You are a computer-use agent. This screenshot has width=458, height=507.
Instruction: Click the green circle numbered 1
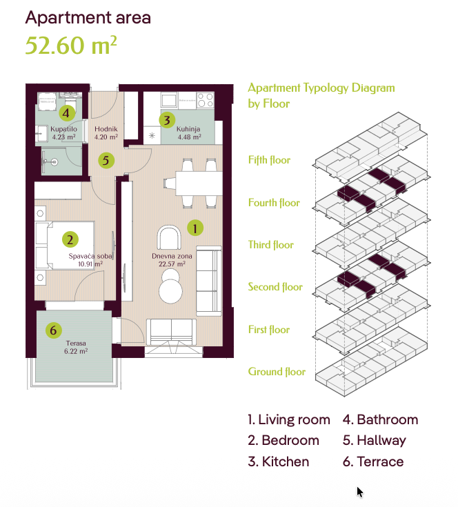pyautogui.click(x=195, y=228)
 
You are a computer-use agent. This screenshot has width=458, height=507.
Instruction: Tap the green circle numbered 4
pyautogui.click(x=67, y=113)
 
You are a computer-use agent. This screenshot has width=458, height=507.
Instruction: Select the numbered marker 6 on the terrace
pyautogui.click(x=53, y=330)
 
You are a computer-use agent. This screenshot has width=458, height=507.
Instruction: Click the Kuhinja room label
pyautogui.click(x=188, y=129)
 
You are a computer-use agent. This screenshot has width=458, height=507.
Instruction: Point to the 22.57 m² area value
pyautogui.click(x=172, y=264)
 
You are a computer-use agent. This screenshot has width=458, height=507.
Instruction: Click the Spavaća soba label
pyautogui.click(x=90, y=256)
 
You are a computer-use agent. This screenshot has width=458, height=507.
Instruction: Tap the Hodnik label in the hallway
pyautogui.click(x=106, y=129)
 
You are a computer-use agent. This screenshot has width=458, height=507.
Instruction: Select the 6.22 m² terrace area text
pyautogui.click(x=76, y=351)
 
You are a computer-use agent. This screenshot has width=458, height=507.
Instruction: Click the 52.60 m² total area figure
pyautogui.click(x=71, y=45)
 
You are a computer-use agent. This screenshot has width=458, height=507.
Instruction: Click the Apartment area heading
pyautogui.click(x=88, y=17)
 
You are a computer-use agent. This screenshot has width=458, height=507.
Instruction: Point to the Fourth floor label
pyautogui.click(x=274, y=203)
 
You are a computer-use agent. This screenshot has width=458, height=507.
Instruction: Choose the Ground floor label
pyautogui.click(x=277, y=372)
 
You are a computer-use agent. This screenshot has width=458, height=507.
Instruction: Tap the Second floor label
pyautogui.click(x=275, y=287)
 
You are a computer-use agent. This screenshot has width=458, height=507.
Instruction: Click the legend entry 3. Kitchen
pyautogui.click(x=278, y=461)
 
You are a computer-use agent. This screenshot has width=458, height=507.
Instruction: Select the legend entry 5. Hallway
pyautogui.click(x=375, y=440)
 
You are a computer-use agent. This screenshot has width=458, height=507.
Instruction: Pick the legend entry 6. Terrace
pyautogui.click(x=373, y=461)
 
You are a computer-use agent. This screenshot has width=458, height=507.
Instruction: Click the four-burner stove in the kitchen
pyautogui.click(x=206, y=100)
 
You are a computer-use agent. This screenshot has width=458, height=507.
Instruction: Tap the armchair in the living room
pyautogui.click(x=169, y=237)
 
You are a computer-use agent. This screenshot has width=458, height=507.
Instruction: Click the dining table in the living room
pyautogui.click(x=199, y=183)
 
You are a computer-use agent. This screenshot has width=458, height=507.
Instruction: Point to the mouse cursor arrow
pyautogui.click(x=360, y=492)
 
